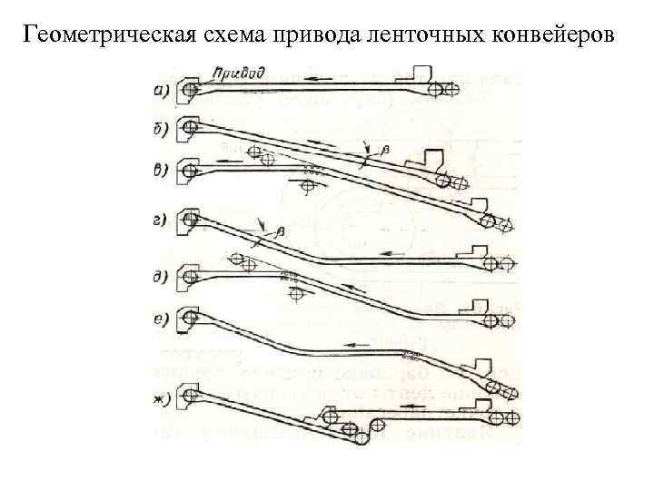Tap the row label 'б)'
coord(160,130)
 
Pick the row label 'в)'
coord(160,170)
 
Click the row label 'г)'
coord(160,220)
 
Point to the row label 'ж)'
coord(160,399)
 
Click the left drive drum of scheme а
coord(190,89)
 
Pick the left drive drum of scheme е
coord(190,317)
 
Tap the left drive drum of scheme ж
coord(190,396)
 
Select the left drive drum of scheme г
coord(190,218)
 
